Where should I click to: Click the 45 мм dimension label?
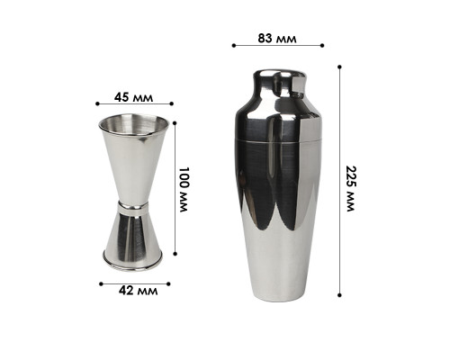(133, 97)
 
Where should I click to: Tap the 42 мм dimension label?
(138, 291)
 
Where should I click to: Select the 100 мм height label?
(184, 190)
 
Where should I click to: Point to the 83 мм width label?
(277, 39)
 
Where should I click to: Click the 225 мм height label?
(350, 188)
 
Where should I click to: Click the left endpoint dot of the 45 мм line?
(97, 103)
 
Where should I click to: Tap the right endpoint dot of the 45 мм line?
(172, 103)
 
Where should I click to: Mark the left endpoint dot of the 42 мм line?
(101, 283)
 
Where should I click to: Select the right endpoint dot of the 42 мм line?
(168, 283)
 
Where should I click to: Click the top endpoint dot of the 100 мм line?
(175, 122)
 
